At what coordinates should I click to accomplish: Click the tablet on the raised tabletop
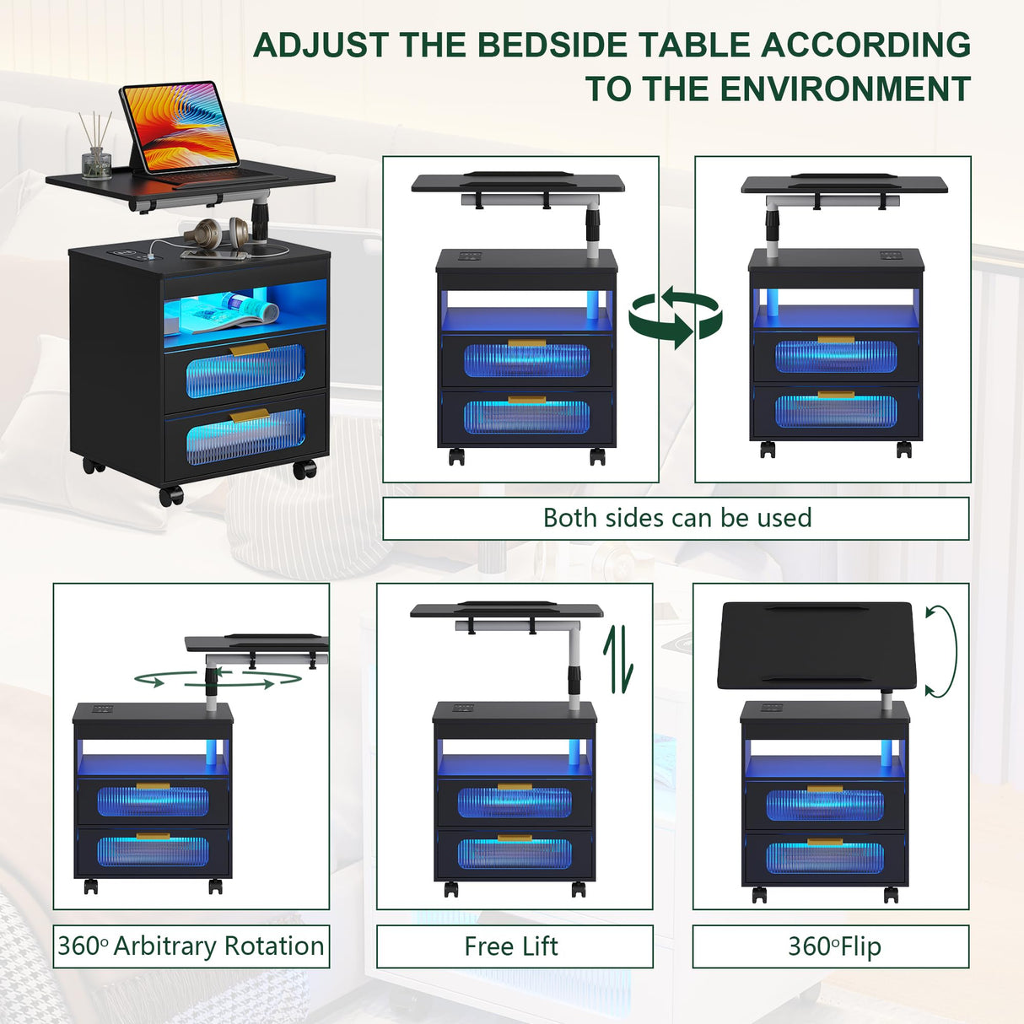click(x=179, y=126)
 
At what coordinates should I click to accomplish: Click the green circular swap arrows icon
click(x=676, y=318)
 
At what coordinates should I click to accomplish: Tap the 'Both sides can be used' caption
click(x=676, y=518)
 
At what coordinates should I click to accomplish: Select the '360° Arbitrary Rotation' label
click(x=191, y=946)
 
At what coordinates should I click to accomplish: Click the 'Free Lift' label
click(x=511, y=946)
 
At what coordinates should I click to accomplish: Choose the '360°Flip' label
click(x=833, y=946)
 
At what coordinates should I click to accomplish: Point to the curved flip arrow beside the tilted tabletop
click(x=942, y=650)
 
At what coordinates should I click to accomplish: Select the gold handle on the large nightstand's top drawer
click(x=250, y=349)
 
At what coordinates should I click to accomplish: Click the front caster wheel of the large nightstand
click(x=171, y=495)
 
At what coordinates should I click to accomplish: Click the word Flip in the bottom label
click(x=860, y=946)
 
